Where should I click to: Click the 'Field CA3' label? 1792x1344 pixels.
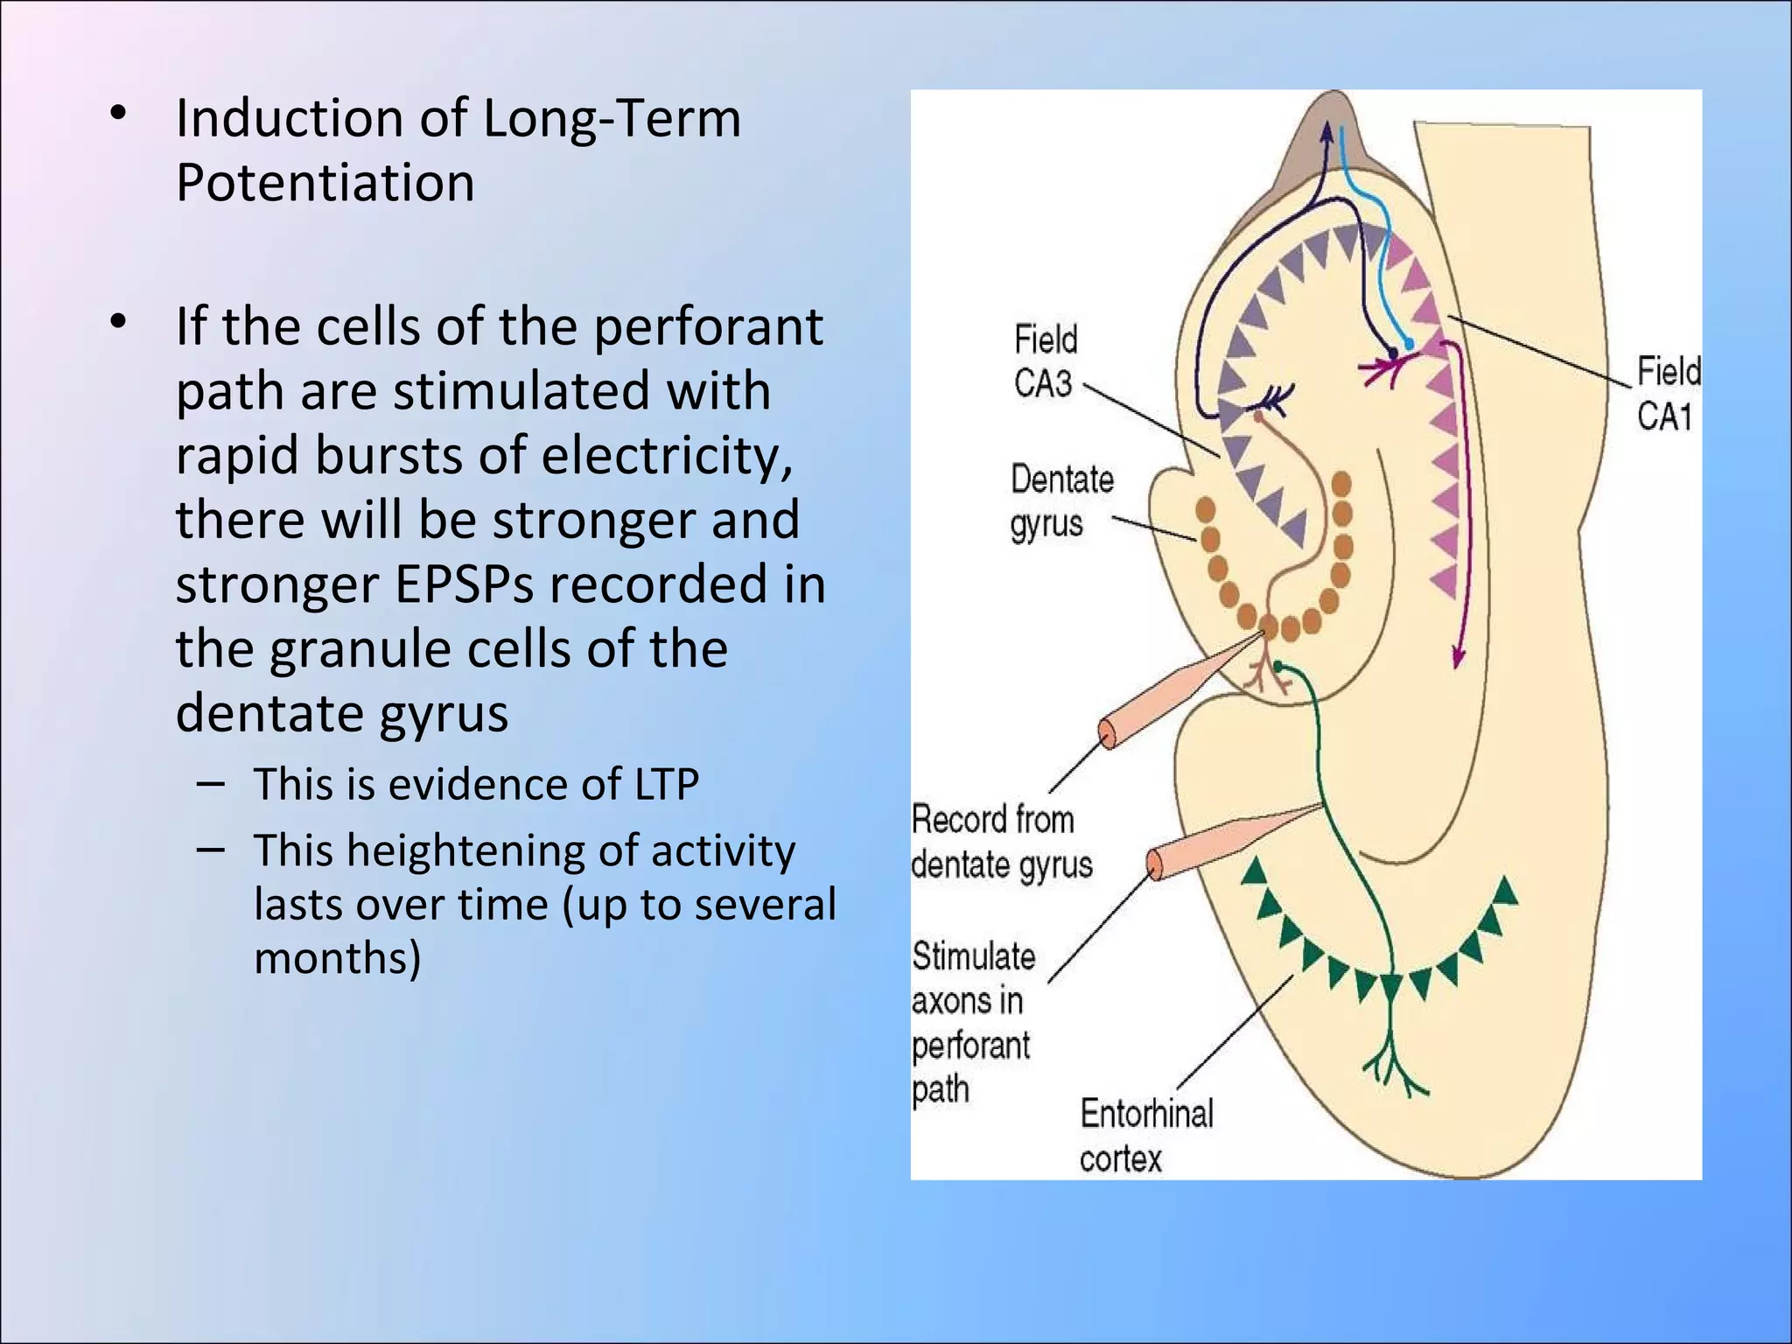pyautogui.click(x=1045, y=360)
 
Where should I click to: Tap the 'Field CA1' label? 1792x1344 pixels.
pyautogui.click(x=1667, y=393)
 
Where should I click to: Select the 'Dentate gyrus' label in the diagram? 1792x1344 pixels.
pyautogui.click(x=1060, y=501)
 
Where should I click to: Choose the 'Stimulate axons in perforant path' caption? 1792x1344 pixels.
pyautogui.click(x=972, y=1022)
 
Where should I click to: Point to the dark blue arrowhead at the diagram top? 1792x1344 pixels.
pyautogui.click(x=1326, y=131)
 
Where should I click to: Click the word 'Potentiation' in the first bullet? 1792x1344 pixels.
pyautogui.click(x=325, y=183)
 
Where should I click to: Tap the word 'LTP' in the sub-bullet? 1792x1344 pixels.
pyautogui.click(x=664, y=784)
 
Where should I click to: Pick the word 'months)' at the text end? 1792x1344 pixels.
pyautogui.click(x=337, y=957)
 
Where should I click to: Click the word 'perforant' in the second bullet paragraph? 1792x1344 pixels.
pyautogui.click(x=708, y=326)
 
